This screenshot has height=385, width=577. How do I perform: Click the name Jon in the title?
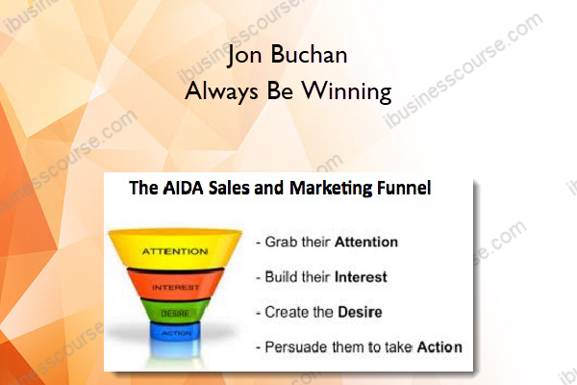click(x=244, y=56)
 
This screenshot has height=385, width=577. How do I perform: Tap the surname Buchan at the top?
click(x=309, y=55)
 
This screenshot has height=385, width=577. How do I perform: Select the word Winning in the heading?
click(x=346, y=91)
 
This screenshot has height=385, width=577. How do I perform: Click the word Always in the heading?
click(x=221, y=91)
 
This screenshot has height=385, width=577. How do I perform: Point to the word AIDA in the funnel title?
click(x=183, y=188)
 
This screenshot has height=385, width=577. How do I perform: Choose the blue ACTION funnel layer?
click(x=176, y=331)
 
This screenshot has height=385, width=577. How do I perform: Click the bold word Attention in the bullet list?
click(x=366, y=242)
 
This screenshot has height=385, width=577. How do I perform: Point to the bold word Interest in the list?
click(x=361, y=277)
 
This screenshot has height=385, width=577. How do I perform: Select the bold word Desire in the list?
click(x=360, y=312)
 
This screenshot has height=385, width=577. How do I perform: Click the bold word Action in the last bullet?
click(x=439, y=347)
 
